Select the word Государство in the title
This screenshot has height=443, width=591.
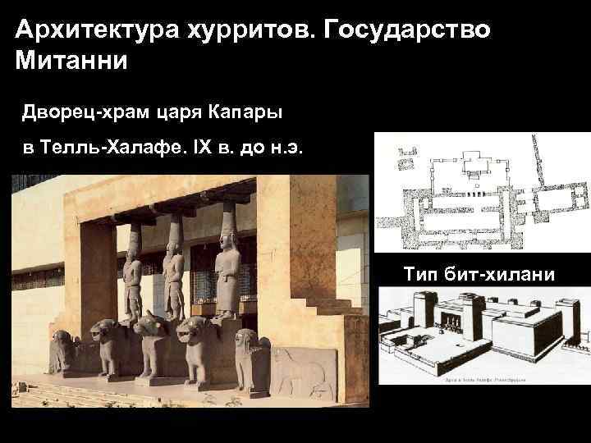(408, 31)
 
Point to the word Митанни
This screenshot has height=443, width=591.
(71, 62)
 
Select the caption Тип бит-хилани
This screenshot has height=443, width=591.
(479, 273)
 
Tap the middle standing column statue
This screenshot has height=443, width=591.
(172, 279)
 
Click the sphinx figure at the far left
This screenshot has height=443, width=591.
(62, 353)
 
